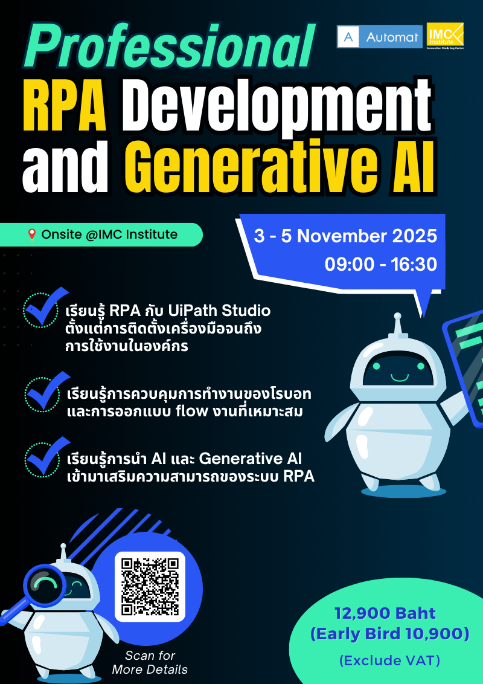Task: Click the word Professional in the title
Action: pos(171,47)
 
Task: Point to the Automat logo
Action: pos(379,37)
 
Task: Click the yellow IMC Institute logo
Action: pos(446,37)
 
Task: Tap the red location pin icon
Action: pos(32,234)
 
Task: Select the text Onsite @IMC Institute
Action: pos(109,234)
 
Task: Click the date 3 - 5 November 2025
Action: pos(345,236)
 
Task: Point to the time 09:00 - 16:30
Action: pos(380,264)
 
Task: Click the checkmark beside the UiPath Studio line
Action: pos(43,311)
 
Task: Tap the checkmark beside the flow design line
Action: pos(43,393)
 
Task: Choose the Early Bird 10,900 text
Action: pos(389,634)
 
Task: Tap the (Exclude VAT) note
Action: pos(389,660)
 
